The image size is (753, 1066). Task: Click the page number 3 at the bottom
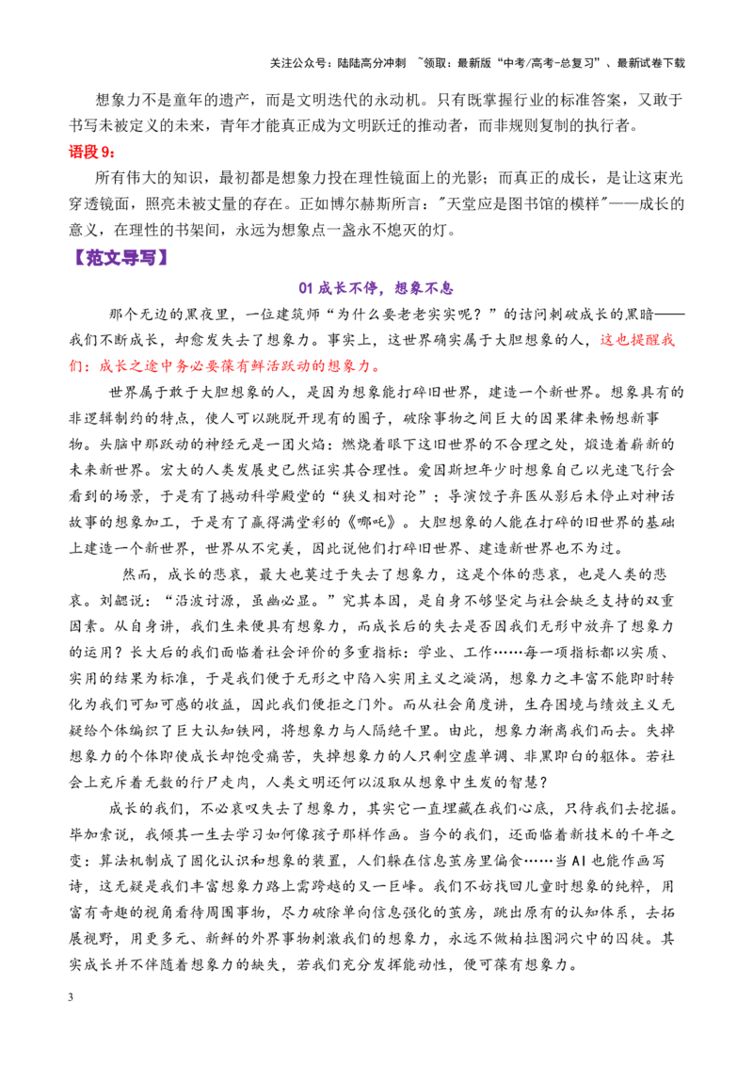(x=71, y=997)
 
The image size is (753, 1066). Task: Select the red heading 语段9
(x=91, y=152)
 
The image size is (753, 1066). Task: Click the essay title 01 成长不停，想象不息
(x=376, y=287)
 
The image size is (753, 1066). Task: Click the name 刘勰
(x=115, y=600)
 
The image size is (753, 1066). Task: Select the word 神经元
(x=214, y=444)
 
